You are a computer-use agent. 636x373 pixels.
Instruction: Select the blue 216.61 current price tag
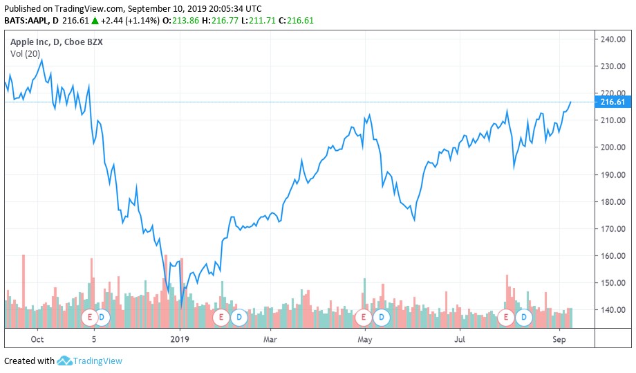612,102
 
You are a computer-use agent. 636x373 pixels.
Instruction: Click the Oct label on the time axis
37,339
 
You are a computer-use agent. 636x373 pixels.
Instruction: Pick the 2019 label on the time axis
179,339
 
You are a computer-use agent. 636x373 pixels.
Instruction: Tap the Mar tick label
270,339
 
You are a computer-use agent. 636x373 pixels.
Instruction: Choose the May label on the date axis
365,339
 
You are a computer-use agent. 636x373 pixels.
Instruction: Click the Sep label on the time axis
559,339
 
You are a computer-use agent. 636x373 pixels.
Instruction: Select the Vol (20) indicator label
25,54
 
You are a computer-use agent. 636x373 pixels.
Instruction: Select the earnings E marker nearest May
363,318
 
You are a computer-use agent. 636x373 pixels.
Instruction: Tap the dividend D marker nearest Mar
238,318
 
